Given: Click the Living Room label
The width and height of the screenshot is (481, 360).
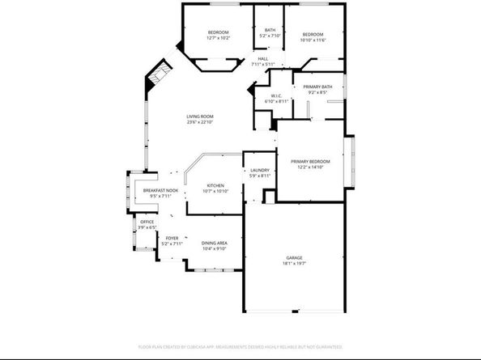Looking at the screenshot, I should pyautogui.click(x=200, y=117).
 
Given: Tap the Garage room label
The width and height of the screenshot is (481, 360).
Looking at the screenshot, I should pyautogui.click(x=293, y=258).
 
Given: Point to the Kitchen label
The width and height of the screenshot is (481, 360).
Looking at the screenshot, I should pyautogui.click(x=215, y=185).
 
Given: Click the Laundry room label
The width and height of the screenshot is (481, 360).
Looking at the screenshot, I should pyautogui.click(x=260, y=170).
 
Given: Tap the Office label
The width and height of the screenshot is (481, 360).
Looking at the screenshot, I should pyautogui.click(x=147, y=221).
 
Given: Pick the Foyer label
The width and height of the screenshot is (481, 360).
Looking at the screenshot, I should pyautogui.click(x=172, y=238).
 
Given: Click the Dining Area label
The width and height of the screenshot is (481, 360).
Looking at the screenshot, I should pyautogui.click(x=214, y=244).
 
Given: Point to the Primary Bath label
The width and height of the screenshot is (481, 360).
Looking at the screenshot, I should pyautogui.click(x=317, y=87).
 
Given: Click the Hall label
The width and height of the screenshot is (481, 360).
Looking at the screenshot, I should pyautogui.click(x=263, y=59).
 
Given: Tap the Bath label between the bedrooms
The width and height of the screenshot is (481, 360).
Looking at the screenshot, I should pyautogui.click(x=270, y=31).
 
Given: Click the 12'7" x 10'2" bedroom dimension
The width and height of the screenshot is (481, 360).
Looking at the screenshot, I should pyautogui.click(x=219, y=38).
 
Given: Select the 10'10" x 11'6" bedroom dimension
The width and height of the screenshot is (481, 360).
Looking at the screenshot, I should pyautogui.click(x=313, y=40).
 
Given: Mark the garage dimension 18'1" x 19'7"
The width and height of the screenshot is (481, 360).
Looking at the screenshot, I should pyautogui.click(x=293, y=264).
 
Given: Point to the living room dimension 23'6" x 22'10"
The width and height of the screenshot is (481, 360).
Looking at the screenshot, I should pyautogui.click(x=200, y=123).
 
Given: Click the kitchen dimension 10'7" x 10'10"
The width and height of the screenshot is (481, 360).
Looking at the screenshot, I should pyautogui.click(x=215, y=191).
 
